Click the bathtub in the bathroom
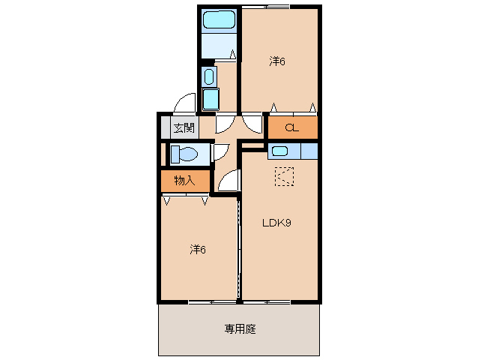[x=220, y=20]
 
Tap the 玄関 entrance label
[x=184, y=127]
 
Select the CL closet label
[x=292, y=127]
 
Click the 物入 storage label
[x=184, y=181]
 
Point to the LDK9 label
[x=276, y=223]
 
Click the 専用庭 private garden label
[x=240, y=329]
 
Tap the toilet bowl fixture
[x=184, y=154]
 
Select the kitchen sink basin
[x=280, y=151]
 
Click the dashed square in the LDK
[x=284, y=176]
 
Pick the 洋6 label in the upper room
[x=277, y=61]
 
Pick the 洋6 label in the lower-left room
[x=198, y=250]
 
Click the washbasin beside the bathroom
[x=209, y=76]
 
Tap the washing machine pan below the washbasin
[x=211, y=100]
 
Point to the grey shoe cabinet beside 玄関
[x=166, y=127]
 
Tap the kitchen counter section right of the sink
[x=309, y=151]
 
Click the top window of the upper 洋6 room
[x=265, y=7]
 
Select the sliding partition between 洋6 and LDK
[x=239, y=248]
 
